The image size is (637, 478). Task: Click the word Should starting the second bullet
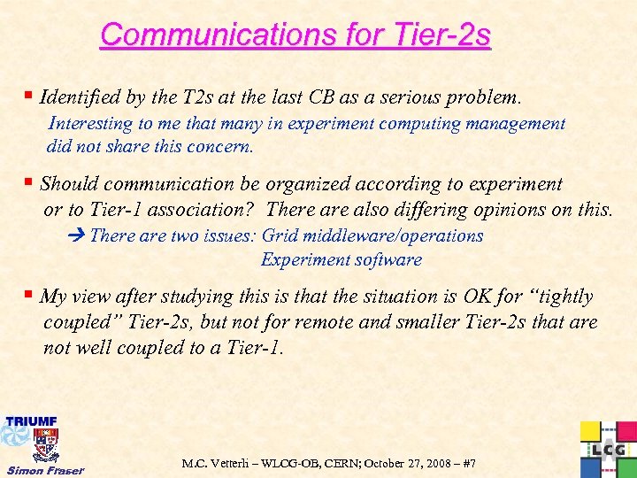point(69,184)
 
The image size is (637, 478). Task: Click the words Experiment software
point(342,259)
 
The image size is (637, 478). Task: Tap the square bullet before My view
point(31,295)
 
